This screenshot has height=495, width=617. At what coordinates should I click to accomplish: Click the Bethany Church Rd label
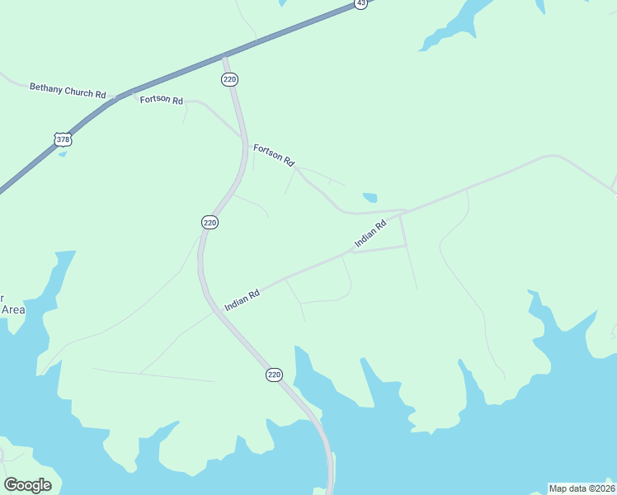(67, 89)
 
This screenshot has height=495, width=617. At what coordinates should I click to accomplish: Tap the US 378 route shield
(64, 139)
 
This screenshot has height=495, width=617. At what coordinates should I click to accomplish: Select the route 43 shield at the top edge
(361, 3)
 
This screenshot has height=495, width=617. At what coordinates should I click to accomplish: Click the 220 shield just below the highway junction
(230, 79)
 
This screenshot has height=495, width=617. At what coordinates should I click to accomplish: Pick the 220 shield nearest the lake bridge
(275, 375)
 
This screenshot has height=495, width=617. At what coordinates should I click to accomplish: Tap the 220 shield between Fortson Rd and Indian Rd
(210, 222)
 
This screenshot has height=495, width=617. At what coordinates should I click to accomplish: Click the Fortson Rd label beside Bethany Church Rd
(161, 99)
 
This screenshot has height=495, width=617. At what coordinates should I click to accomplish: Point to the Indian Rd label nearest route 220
(243, 299)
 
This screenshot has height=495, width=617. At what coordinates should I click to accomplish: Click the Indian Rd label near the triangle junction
(370, 235)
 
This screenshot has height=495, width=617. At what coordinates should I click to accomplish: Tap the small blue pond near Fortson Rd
(370, 197)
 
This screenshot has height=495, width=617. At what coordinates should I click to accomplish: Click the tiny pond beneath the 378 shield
(63, 154)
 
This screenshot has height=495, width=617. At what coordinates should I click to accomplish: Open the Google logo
(27, 485)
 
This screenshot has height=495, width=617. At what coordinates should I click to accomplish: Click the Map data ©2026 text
(582, 488)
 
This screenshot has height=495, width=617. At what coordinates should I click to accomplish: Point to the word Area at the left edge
(12, 309)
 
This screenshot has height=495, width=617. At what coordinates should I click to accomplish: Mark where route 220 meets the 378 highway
(224, 57)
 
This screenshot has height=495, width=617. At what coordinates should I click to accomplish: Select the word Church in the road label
(79, 91)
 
